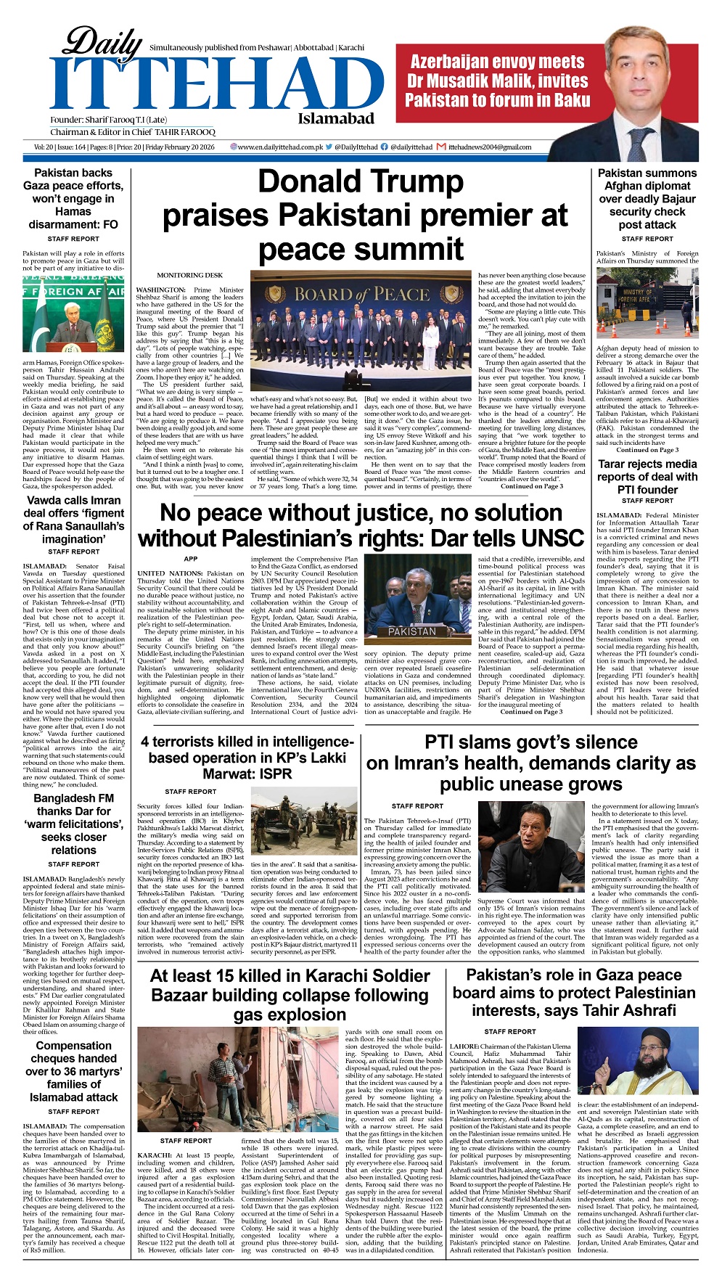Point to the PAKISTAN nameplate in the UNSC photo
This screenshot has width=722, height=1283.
[411, 631]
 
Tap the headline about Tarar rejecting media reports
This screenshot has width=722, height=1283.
[647, 476]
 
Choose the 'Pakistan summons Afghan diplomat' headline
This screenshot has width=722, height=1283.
[647, 199]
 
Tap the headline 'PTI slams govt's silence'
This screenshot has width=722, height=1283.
[530, 763]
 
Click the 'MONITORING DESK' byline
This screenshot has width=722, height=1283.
[189, 276]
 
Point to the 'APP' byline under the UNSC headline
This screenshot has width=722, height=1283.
[190, 559]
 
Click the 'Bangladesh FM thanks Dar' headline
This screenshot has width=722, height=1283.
[73, 824]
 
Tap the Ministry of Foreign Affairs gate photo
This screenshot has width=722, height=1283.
[647, 304]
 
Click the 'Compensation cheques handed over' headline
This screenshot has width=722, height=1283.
[73, 1071]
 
